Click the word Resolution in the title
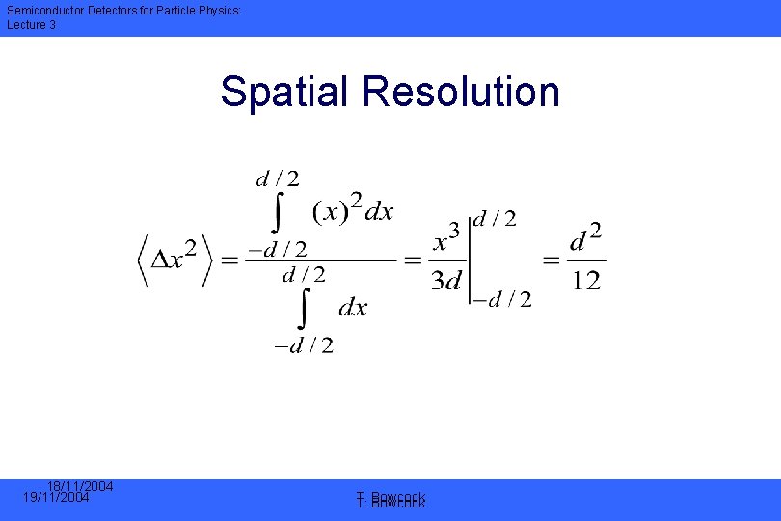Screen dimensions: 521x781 pyautogui.click(x=460, y=92)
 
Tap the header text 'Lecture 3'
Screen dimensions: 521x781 pyautogui.click(x=32, y=25)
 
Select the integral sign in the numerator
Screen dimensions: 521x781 pyautogui.click(x=279, y=212)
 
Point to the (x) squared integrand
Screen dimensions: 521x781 pyautogui.click(x=337, y=209)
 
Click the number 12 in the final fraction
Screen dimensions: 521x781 pyautogui.click(x=586, y=281)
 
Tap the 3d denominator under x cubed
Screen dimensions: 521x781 pyautogui.click(x=448, y=282)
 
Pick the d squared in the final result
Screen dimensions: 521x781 pyautogui.click(x=586, y=238)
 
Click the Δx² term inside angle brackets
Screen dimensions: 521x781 pyautogui.click(x=176, y=259)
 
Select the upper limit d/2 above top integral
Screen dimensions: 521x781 pyautogui.click(x=277, y=178)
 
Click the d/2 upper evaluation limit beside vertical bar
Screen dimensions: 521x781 pyautogui.click(x=494, y=219)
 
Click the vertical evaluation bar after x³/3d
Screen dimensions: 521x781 pyautogui.click(x=470, y=259)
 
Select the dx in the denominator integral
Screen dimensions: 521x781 pyautogui.click(x=353, y=308)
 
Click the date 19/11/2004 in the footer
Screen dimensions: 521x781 pyautogui.click(x=55, y=498)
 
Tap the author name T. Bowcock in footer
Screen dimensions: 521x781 pyautogui.click(x=391, y=501)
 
